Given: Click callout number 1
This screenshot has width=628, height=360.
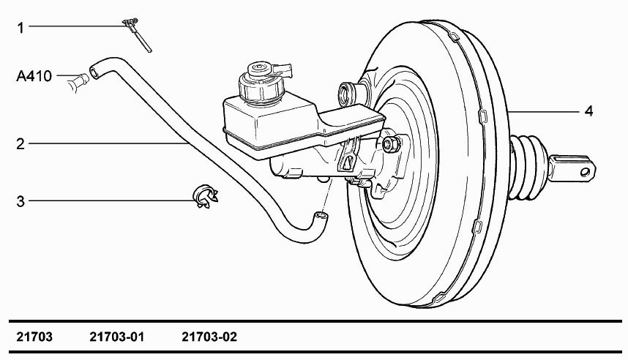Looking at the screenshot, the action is point(20,28).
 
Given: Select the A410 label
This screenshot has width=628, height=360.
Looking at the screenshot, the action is point(34,76).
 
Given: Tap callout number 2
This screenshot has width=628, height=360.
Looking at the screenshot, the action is point(20,143).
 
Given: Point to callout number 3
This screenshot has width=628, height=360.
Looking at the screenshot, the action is point(20,201).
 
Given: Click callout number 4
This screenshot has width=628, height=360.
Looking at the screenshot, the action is point(588,111).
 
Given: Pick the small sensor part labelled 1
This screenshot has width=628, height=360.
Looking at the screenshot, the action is point(138,34).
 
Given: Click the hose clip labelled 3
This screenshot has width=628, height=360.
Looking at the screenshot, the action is point(206,197).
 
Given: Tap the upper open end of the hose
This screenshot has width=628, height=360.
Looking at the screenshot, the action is point(94,72).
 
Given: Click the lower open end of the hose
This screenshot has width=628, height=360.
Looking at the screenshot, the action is point(321,217).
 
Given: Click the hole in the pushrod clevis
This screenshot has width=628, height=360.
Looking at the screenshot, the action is point(585,172).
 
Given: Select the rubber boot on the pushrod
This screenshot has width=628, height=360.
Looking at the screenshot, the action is point(527,168).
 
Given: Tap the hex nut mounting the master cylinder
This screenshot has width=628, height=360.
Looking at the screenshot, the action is point(391,144).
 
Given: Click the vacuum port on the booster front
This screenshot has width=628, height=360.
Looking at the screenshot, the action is point(347,95).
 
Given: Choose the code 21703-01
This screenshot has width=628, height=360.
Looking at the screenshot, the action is point(116,337).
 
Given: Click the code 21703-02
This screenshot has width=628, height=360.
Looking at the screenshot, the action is point(209,337).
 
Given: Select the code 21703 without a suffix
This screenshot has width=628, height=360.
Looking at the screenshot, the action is point(34,337).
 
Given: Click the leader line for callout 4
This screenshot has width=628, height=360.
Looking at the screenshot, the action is point(544,111).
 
